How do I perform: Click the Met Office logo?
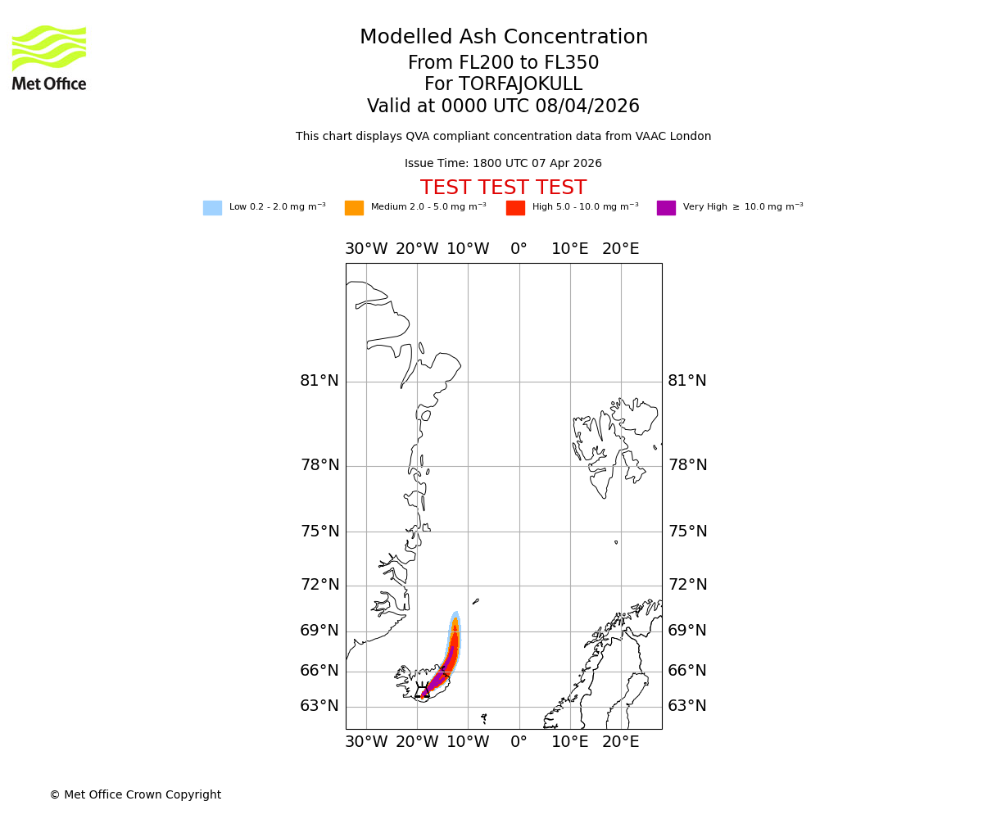[x=49, y=57]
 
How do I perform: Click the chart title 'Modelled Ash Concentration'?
[x=503, y=38]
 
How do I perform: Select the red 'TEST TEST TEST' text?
[x=503, y=188]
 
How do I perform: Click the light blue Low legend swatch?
[x=212, y=207]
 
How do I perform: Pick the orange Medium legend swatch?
[x=354, y=207]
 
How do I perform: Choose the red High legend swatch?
[x=515, y=207]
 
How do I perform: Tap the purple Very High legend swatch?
[x=666, y=207]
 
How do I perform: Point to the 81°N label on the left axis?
[x=319, y=381]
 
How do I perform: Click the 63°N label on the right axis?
[x=687, y=706]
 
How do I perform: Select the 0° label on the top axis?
[x=519, y=249]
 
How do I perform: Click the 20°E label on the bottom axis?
[x=620, y=743]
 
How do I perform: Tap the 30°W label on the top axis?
[x=366, y=249]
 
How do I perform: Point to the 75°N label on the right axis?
[x=687, y=532]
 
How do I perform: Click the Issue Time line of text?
[x=503, y=164]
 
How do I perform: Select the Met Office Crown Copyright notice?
[x=135, y=794]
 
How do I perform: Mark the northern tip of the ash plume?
[x=455, y=613]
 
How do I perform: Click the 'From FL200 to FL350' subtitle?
[x=503, y=63]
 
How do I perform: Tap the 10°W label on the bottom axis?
[x=468, y=743]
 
